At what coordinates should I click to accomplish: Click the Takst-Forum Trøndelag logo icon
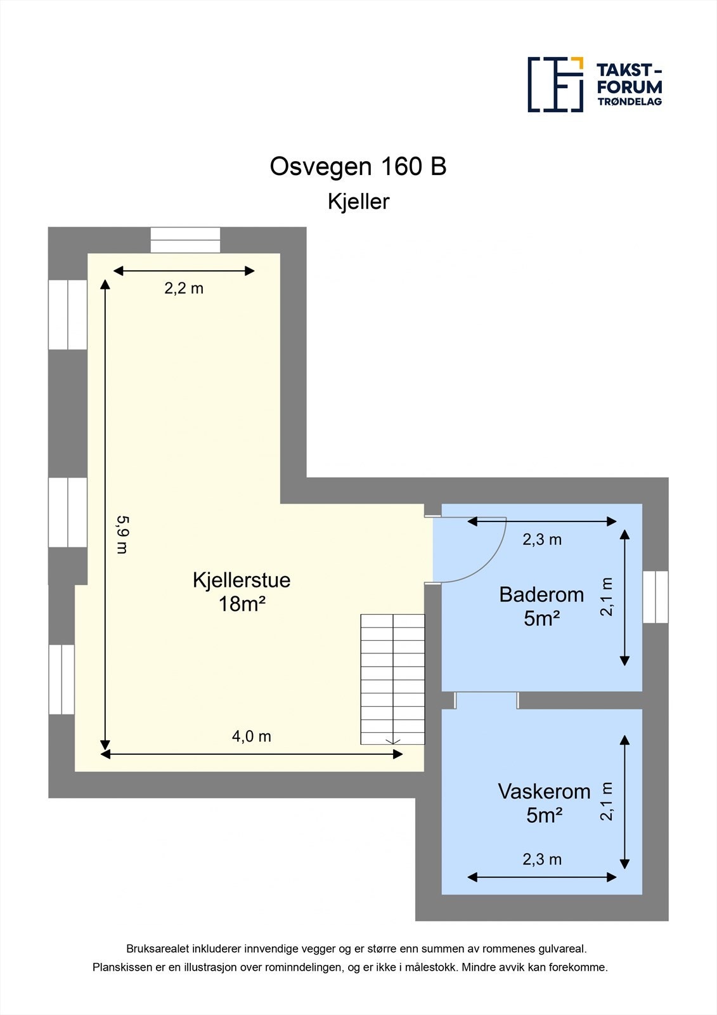(555, 84)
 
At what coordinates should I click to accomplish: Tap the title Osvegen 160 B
(358, 167)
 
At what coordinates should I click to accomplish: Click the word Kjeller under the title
(358, 202)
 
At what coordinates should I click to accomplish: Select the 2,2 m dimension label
(184, 288)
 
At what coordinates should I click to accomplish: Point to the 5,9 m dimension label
(122, 534)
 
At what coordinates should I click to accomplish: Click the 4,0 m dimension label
(251, 737)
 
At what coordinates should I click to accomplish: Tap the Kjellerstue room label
(242, 580)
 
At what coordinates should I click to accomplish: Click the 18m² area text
(242, 605)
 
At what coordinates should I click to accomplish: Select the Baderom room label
(541, 594)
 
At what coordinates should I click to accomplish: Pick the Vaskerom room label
(544, 792)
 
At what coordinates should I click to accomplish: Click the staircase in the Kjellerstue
(392, 679)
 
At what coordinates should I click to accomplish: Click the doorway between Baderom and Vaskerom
(486, 700)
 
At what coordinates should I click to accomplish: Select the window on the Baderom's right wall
(656, 597)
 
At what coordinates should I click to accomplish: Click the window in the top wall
(185, 240)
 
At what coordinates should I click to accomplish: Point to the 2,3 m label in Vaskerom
(542, 860)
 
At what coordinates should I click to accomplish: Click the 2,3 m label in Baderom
(542, 540)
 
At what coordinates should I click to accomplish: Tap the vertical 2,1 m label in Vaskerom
(607, 802)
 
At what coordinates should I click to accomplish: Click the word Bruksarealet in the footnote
(157, 949)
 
